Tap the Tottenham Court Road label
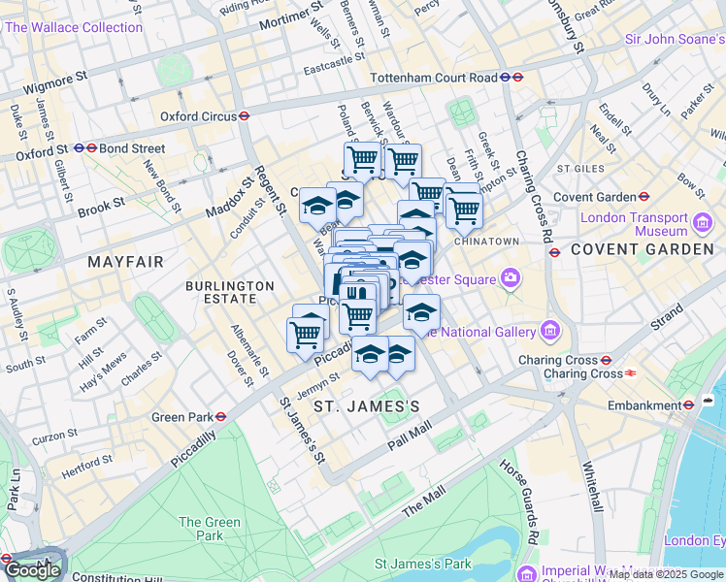[433, 78]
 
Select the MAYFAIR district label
[127, 262]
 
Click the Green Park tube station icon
[221, 418]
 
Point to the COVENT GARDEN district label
[642, 249]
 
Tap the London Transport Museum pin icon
[702, 225]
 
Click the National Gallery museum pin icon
[550, 332]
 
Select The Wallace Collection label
[74, 27]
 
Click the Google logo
[32, 570]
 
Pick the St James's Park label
[422, 564]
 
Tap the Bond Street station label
[136, 149]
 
